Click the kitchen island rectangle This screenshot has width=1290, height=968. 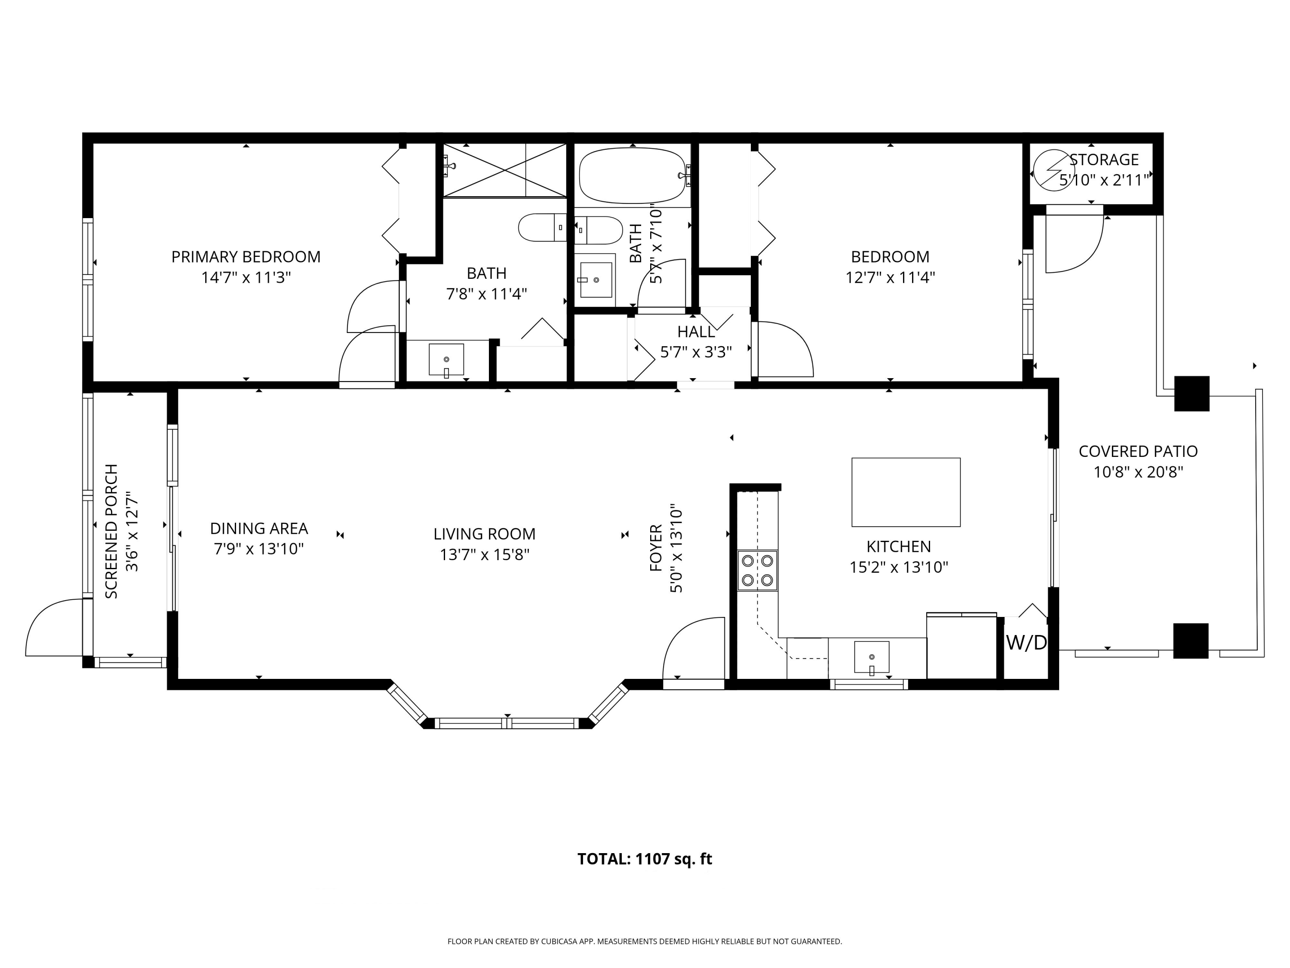pyautogui.click(x=906, y=492)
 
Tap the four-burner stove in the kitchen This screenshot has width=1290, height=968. pyautogui.click(x=757, y=570)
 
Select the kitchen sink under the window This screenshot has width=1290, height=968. pyautogui.click(x=871, y=657)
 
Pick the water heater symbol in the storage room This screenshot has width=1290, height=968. pyautogui.click(x=1053, y=170)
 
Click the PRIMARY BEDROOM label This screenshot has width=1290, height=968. pyautogui.click(x=246, y=257)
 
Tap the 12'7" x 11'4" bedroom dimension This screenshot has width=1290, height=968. pyautogui.click(x=890, y=277)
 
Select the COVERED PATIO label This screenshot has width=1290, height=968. pyautogui.click(x=1138, y=451)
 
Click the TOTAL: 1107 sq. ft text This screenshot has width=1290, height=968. pyautogui.click(x=645, y=859)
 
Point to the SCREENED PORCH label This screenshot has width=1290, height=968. pyautogui.click(x=111, y=531)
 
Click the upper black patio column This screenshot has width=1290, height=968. pyautogui.click(x=1192, y=393)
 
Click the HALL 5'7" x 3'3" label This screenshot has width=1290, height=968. pyautogui.click(x=696, y=341)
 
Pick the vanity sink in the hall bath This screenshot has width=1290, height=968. pyautogui.click(x=596, y=280)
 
